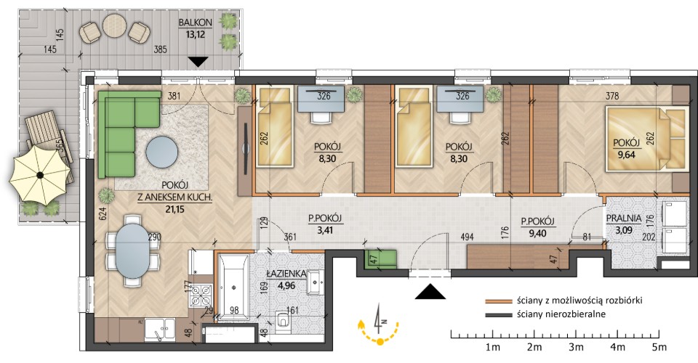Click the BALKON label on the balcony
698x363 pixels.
[x=195, y=23]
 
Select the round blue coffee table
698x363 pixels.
[x=162, y=152]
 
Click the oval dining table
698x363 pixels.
[x=132, y=250]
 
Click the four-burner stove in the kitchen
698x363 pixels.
[x=201, y=295]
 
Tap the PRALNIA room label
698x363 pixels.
[x=624, y=218]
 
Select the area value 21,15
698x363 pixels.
[x=175, y=209]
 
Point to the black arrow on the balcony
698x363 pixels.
[x=198, y=62]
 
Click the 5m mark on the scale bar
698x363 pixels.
[x=659, y=346]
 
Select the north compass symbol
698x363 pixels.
[x=378, y=325]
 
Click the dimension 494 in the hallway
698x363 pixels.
[x=467, y=237]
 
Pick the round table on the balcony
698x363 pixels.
[x=114, y=25]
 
